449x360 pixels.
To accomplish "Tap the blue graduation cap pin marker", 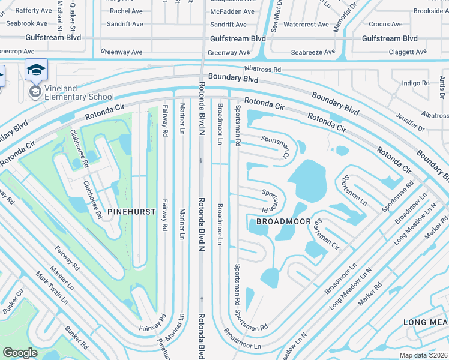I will tap(36, 71).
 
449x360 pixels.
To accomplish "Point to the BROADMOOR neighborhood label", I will tap(283, 221).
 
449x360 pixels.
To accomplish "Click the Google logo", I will tap(20, 353).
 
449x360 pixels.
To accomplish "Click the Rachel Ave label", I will tap(126, 11).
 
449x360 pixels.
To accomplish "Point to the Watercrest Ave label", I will tap(306, 25).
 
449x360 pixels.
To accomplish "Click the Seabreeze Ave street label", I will tap(312, 52).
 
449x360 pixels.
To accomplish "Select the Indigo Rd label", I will tap(415, 83).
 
